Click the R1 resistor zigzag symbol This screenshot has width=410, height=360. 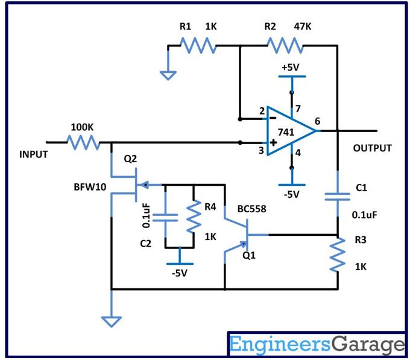[198, 45]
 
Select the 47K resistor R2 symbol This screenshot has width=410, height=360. [285, 45]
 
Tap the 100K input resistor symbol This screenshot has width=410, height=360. [84, 142]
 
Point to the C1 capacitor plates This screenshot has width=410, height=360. [337, 197]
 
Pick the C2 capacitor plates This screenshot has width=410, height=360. [165, 218]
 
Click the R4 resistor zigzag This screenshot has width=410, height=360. [194, 216]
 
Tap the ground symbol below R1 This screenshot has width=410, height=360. [168, 75]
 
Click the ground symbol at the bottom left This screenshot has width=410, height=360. [112, 321]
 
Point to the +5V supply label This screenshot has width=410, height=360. [290, 68]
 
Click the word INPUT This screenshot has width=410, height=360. [34, 154]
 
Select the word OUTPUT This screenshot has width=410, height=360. [373, 148]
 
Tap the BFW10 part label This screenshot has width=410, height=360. [90, 187]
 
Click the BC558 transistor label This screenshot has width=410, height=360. [252, 209]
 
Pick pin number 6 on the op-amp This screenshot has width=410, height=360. [317, 121]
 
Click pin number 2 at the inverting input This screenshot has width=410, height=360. [262, 112]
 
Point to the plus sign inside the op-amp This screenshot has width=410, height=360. [273, 142]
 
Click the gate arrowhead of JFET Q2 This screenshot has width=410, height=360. [145, 185]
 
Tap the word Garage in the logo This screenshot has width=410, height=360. [368, 345]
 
